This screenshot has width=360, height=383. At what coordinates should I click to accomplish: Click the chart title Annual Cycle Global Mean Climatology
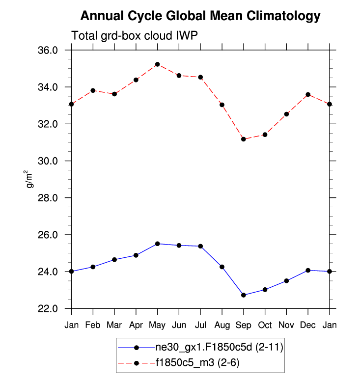(x=200, y=16)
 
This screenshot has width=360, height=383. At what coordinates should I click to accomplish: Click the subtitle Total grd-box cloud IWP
(x=135, y=36)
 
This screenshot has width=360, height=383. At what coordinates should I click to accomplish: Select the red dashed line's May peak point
(x=157, y=64)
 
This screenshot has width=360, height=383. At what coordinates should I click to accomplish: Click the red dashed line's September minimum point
(x=243, y=139)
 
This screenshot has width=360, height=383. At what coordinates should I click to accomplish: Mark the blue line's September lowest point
(x=243, y=295)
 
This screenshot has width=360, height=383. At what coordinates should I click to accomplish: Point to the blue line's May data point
(x=157, y=244)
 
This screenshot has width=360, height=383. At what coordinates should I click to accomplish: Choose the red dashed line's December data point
(x=308, y=94)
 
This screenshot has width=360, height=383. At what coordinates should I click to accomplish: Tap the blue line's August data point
(x=222, y=267)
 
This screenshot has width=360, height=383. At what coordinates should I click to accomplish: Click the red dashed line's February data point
(x=93, y=90)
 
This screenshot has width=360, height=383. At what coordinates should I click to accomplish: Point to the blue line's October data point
(x=265, y=290)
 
